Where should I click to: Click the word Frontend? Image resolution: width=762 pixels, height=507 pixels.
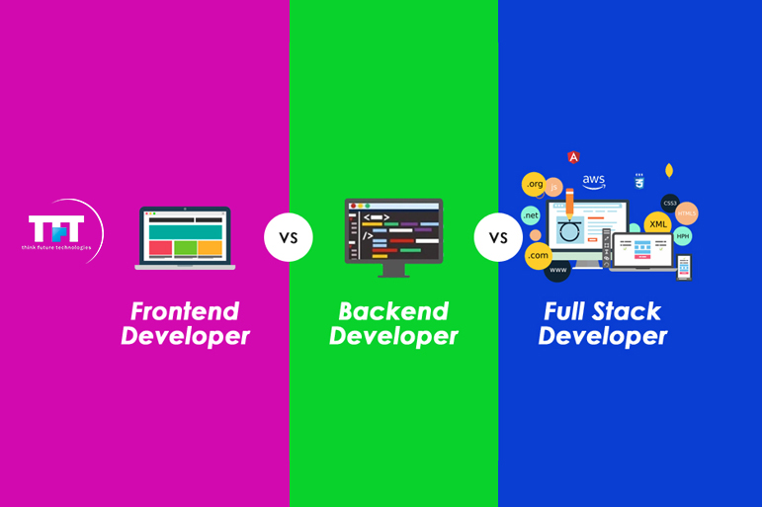coord(185,311)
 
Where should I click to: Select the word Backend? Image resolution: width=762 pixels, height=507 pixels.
coord(393,311)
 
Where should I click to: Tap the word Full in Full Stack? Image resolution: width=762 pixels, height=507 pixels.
coord(569,311)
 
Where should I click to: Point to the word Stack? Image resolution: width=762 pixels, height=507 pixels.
coord(627,311)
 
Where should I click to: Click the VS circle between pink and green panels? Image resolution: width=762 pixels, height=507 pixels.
coord(289,237)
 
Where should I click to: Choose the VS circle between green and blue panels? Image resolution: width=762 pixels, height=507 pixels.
coord(498,237)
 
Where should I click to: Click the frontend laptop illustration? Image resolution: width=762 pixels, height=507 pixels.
coord(185,237)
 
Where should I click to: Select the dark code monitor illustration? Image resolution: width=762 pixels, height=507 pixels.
coord(393,235)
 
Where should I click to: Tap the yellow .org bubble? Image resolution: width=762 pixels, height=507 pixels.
coord(535,184)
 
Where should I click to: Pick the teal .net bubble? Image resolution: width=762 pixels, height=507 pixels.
coord(531,215)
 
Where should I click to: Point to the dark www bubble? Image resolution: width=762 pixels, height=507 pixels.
coord(558,270)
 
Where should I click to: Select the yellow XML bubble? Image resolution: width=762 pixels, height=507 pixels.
coord(658,224)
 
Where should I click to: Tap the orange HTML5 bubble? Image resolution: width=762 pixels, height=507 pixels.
coord(687,213)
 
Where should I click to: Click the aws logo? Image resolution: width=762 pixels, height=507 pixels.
coord(593,182)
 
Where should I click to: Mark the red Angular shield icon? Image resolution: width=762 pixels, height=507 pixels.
coord(573,157)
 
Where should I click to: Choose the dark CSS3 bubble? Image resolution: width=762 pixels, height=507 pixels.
coord(670,203)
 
